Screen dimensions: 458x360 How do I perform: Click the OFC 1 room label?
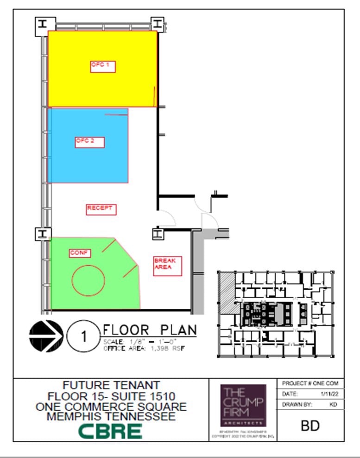tap(102, 66)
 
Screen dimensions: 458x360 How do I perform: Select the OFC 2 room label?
tap(89, 142)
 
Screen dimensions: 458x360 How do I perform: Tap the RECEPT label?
tap(101, 209)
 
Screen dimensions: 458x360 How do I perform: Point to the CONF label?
tap(80, 253)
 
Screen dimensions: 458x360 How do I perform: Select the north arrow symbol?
tap(46, 336)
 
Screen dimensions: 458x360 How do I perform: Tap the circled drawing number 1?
tap(83, 336)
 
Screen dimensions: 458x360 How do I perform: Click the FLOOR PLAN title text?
tap(149, 330)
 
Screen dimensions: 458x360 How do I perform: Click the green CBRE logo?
tap(110, 431)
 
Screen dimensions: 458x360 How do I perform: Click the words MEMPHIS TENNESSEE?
tap(111, 416)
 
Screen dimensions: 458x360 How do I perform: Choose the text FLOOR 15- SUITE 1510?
tap(111, 396)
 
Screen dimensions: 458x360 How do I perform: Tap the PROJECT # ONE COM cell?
tap(310, 383)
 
